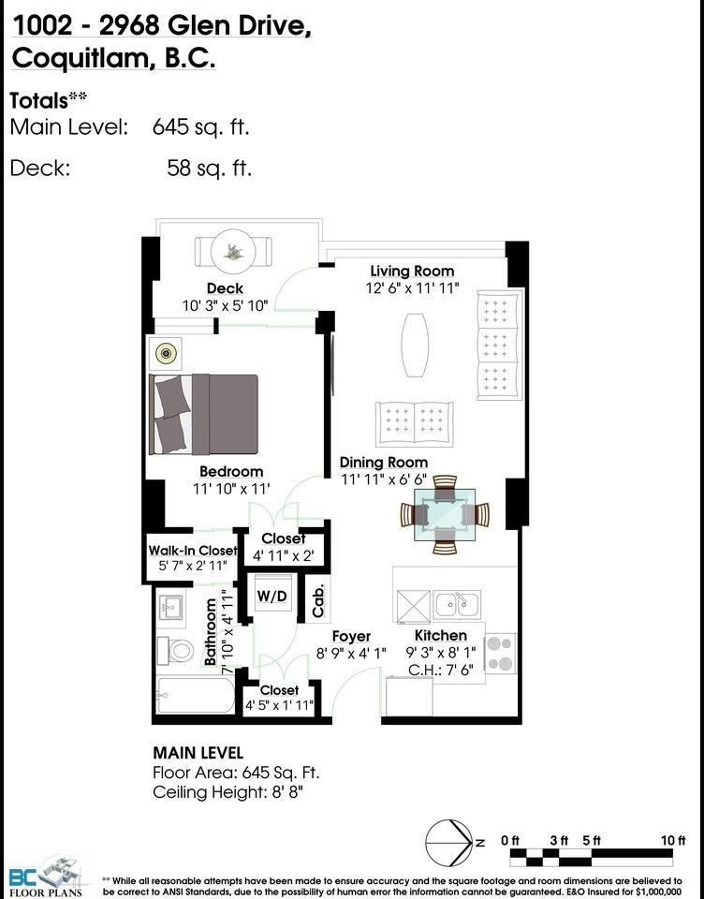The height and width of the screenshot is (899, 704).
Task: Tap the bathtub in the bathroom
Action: (x=196, y=696)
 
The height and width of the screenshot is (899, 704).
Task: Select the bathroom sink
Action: (x=169, y=607)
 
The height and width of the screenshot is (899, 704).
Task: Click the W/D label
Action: (x=271, y=596)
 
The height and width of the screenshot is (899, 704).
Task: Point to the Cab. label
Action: (x=318, y=601)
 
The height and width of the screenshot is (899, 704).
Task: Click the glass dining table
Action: (x=445, y=515)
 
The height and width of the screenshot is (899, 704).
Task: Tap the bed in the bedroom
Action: (x=203, y=414)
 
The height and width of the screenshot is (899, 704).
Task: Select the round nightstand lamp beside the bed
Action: (x=166, y=354)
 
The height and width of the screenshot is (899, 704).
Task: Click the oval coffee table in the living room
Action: (x=415, y=345)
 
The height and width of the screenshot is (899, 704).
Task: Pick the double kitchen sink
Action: (x=458, y=604)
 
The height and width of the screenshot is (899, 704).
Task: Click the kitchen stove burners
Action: (x=501, y=654)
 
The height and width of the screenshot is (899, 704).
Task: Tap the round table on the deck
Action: (x=233, y=251)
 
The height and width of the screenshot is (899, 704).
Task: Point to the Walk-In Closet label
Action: (x=193, y=551)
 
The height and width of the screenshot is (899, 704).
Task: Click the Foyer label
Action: (x=351, y=637)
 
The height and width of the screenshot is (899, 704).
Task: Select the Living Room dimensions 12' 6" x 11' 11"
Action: (x=413, y=287)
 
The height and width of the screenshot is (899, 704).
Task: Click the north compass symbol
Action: (x=449, y=843)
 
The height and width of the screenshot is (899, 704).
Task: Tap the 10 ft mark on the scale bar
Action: (x=673, y=841)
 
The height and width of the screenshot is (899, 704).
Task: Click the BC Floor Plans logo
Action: (x=47, y=877)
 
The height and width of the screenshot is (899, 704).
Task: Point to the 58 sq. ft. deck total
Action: (x=210, y=168)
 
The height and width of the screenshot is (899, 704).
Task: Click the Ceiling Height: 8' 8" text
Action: (x=227, y=792)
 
